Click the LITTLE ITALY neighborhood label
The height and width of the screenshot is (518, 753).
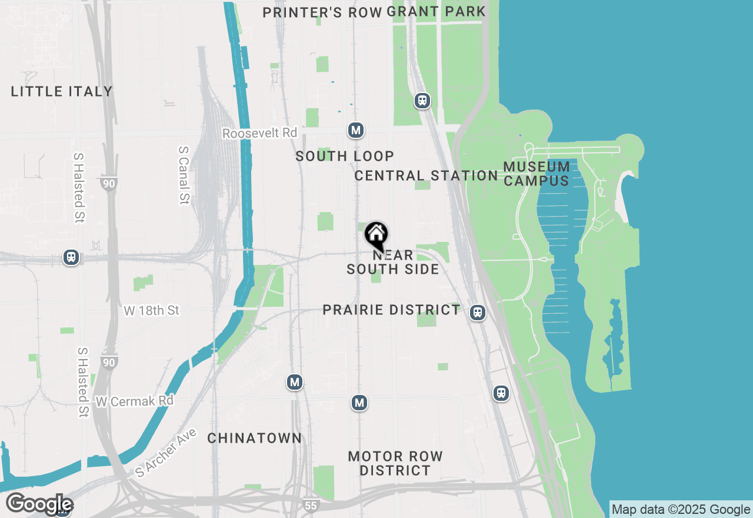[62, 91]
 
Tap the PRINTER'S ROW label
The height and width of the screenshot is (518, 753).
[322, 12]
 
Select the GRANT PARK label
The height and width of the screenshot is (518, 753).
[437, 11]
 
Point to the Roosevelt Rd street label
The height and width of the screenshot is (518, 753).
[259, 134]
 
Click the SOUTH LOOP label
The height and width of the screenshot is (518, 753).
[345, 156]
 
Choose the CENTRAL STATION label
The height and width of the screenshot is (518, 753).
[427, 175]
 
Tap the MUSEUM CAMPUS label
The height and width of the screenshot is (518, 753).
[537, 174]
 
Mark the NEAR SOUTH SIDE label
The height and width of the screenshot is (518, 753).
[392, 263]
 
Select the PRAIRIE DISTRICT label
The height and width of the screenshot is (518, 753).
[391, 310]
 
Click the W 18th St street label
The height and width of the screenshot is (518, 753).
[151, 310]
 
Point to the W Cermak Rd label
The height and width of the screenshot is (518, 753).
[135, 401]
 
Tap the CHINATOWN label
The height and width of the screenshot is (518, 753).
[255, 438]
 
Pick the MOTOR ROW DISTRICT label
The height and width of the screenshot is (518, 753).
[395, 463]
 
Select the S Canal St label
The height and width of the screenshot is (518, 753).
[183, 175]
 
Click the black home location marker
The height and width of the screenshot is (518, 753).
[376, 235]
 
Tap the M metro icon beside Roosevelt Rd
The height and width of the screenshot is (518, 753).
[355, 130]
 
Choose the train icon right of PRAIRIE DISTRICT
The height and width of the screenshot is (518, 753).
[478, 313]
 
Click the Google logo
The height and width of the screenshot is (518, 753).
[39, 504]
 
